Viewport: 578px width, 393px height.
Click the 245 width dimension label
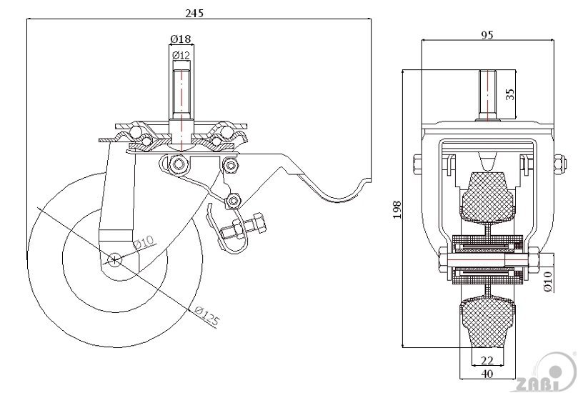(194, 13)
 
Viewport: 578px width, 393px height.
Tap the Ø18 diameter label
(180, 39)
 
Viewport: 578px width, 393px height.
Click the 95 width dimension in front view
(487, 34)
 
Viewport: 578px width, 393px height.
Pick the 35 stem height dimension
(509, 94)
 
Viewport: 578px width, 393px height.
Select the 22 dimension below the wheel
(487, 361)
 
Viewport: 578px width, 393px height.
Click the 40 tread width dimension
(487, 374)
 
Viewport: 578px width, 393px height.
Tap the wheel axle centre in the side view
(114, 259)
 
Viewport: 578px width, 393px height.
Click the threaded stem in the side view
(180, 89)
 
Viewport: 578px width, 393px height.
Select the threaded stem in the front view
(487, 96)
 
